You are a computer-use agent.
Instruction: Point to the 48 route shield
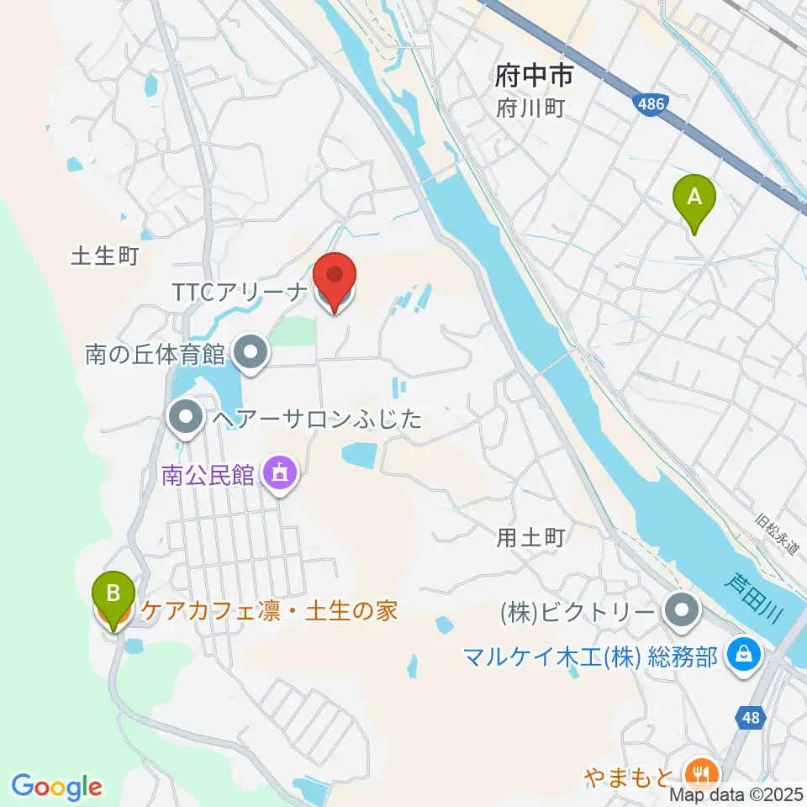tap(751, 717)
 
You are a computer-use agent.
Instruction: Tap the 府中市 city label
tap(534, 78)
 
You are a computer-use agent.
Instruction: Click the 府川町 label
tap(530, 108)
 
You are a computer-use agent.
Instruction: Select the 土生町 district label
tap(103, 256)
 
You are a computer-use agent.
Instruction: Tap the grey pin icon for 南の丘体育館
tap(251, 354)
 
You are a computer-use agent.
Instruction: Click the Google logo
tap(56, 787)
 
